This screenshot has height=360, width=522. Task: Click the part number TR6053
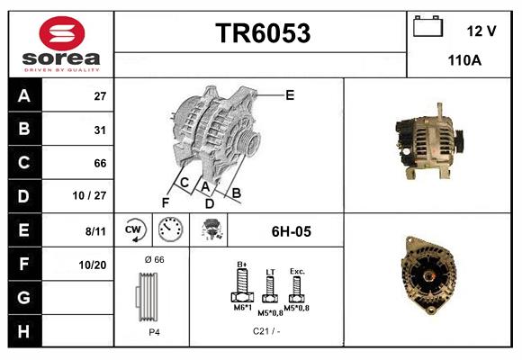[263, 33]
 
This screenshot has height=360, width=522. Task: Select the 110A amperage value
[464, 61]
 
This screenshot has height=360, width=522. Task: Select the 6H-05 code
[291, 232]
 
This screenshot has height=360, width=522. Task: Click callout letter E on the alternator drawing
[290, 94]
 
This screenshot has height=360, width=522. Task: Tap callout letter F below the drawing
[166, 202]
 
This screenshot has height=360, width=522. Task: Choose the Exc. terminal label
[297, 271]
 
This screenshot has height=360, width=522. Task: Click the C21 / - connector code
[266, 332]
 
